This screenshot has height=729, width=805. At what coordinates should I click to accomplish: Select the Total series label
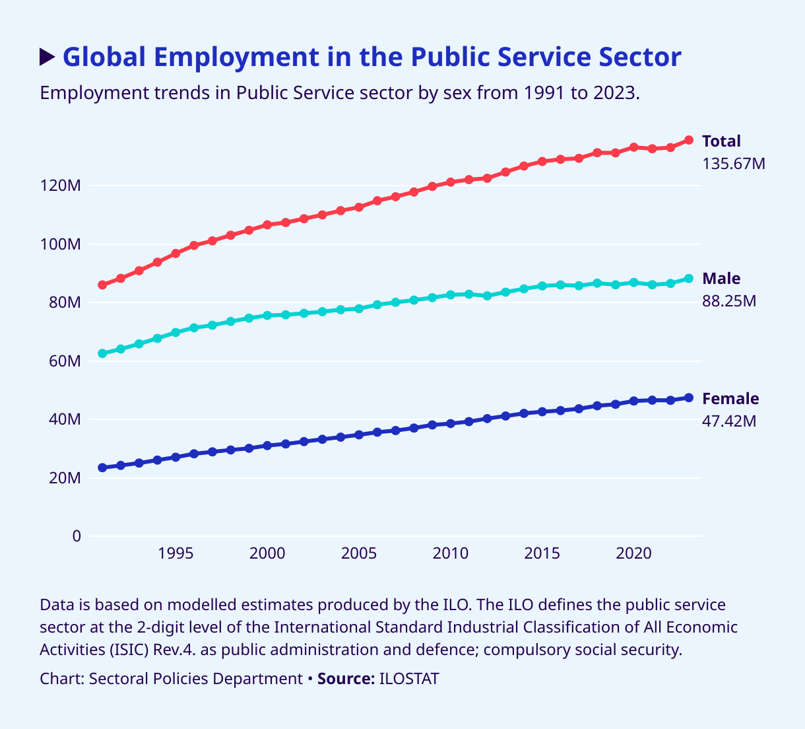coord(721,141)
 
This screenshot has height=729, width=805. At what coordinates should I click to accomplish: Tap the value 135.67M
coord(734,164)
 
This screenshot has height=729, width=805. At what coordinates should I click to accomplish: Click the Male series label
coord(721,279)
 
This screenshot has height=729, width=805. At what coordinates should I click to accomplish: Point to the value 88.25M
coord(729,301)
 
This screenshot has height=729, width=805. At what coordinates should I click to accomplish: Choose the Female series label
coord(730,399)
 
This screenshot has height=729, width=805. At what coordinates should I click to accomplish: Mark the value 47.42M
coord(729,421)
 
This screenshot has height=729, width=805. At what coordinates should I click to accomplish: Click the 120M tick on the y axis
coord(61,186)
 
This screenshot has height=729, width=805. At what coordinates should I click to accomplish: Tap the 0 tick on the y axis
coord(77,536)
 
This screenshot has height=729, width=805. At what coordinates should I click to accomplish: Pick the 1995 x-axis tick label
coord(176,553)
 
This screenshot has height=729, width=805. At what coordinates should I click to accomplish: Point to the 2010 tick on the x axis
coord(451,553)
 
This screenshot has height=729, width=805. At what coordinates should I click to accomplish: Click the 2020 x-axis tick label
coord(634,553)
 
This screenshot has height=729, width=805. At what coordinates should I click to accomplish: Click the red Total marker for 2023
coord(689,140)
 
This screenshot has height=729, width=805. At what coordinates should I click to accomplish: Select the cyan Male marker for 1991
coord(102,353)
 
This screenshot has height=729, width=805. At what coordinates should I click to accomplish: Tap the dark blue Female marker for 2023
coord(689,398)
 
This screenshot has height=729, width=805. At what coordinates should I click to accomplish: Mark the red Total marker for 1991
coord(102,285)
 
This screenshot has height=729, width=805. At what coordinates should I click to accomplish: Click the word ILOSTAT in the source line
coord(409,679)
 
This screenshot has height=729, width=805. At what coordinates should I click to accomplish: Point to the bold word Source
coord(346,679)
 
